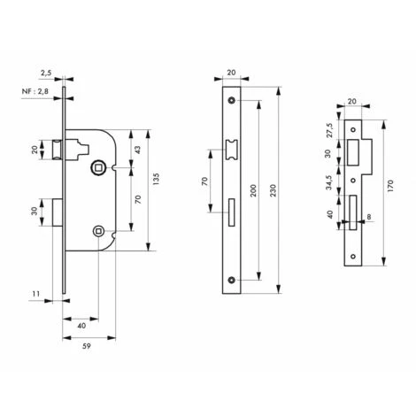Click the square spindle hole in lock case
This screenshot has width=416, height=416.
(x=98, y=165)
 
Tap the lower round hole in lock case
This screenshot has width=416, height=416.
(x=97, y=233)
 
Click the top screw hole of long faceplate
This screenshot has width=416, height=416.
(x=232, y=100)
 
